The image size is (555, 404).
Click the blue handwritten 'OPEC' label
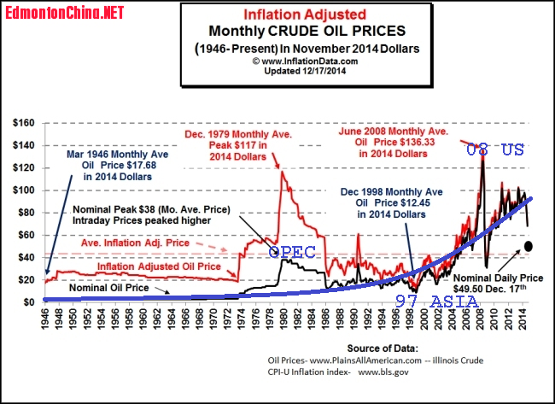coord(294,253)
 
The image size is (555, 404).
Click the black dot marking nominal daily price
coord(529,246)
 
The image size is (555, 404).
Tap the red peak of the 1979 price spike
coord(281,173)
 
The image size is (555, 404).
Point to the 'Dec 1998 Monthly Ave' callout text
coord(404,195)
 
